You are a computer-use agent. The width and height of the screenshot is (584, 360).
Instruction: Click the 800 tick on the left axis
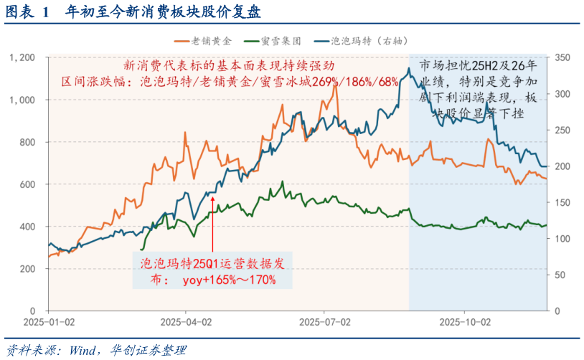[29, 142]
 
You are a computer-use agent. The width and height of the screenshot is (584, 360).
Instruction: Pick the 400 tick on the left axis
[29, 227]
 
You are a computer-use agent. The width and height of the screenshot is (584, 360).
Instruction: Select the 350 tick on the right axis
[565, 58]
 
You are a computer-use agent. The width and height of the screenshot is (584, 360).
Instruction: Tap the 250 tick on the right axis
[565, 131]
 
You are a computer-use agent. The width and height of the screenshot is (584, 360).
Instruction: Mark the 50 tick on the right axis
[562, 275]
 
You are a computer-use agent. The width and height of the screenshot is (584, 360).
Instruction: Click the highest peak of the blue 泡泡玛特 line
[409, 69]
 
